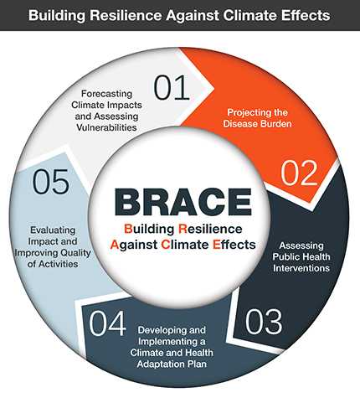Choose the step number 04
(x=108, y=323)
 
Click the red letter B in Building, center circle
(x=128, y=228)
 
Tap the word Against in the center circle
(x=137, y=245)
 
